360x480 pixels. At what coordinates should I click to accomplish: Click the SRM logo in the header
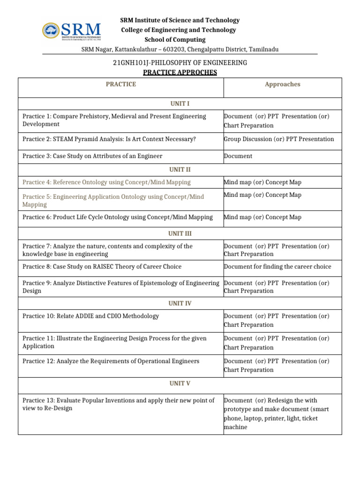pos(71,31)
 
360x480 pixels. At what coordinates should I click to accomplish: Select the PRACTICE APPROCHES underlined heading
pos(180,72)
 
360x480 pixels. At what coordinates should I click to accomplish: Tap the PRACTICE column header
pos(120,84)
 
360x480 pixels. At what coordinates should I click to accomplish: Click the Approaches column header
pos(282,84)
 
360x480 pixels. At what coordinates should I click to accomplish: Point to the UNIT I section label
pos(180,104)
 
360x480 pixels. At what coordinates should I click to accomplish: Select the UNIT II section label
pos(180,170)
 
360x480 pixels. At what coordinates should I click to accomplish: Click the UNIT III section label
pos(180,233)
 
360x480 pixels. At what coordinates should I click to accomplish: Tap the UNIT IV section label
pos(180,303)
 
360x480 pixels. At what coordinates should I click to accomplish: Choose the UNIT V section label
pos(180,383)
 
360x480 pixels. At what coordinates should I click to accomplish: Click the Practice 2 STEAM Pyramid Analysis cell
pos(109,139)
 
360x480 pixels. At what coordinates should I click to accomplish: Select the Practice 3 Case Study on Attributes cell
pos(92,156)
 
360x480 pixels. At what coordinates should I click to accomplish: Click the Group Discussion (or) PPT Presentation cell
pos(279,139)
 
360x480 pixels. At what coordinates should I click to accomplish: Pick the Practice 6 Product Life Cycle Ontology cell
pos(118,217)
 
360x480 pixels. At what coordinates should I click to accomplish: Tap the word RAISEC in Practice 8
pos(96,267)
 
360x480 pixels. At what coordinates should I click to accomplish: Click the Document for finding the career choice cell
pos(277,267)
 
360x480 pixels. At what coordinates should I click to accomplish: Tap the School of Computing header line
pos(175,40)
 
